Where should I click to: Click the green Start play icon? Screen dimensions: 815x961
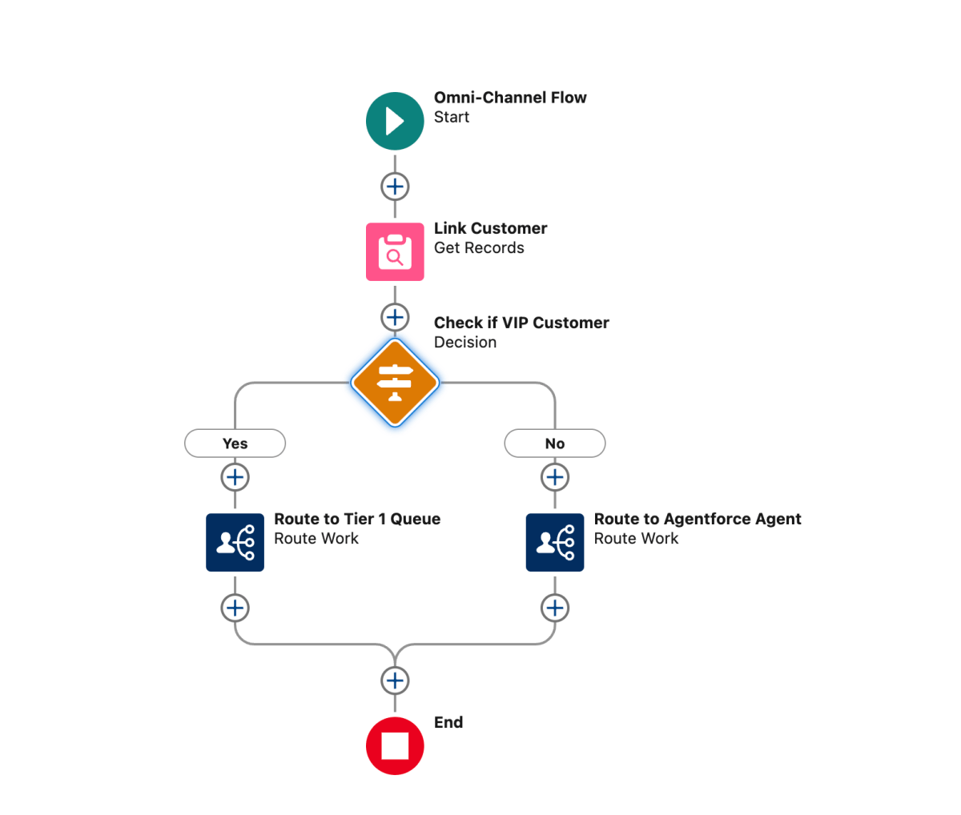coord(395,121)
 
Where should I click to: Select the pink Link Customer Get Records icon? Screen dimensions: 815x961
coord(395,251)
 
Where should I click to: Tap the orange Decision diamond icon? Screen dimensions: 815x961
coord(395,382)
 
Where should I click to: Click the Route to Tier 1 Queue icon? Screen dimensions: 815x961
coord(235,542)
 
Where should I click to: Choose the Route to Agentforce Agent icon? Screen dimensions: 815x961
coord(555,542)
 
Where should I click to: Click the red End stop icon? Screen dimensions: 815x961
coord(395,745)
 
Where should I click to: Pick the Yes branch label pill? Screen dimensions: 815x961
coord(235,444)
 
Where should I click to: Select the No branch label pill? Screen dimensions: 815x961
coord(555,444)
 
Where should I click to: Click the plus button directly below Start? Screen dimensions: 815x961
coord(395,187)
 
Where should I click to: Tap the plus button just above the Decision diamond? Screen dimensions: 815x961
coord(395,317)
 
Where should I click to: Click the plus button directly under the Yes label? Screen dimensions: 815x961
coord(235,477)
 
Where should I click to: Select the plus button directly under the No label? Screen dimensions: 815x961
coord(555,477)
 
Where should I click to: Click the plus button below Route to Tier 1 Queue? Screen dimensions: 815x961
coord(235,608)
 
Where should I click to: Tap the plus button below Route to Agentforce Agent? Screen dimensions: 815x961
coord(555,608)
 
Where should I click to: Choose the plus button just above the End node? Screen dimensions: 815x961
coord(395,681)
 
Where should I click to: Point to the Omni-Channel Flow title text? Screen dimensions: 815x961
coord(510,98)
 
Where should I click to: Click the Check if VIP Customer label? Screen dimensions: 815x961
coord(521,323)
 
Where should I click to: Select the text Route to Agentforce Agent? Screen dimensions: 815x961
coord(697,519)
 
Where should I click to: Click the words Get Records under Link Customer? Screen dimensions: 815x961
coord(479,248)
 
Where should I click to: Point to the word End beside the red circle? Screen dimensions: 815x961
coord(448,722)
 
